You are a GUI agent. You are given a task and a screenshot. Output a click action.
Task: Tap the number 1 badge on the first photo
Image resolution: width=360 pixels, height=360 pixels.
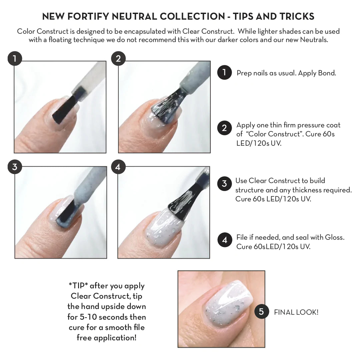[x=15, y=59]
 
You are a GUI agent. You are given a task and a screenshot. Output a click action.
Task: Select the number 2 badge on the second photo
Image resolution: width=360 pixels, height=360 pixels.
[x=118, y=59]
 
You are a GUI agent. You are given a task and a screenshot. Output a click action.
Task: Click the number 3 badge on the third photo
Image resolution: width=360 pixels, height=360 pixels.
[x=15, y=167]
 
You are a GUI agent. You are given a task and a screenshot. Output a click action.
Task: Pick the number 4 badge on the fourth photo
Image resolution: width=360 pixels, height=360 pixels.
[x=118, y=167]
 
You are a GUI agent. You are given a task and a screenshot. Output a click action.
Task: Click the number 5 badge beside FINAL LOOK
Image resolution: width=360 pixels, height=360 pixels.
[x=262, y=312]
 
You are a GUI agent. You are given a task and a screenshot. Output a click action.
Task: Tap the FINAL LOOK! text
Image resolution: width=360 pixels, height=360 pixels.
[x=296, y=312]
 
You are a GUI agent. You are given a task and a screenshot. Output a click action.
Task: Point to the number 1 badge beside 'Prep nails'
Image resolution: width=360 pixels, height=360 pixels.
[x=224, y=72]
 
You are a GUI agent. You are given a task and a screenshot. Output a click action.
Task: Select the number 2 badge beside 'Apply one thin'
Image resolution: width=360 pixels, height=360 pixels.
[x=224, y=128]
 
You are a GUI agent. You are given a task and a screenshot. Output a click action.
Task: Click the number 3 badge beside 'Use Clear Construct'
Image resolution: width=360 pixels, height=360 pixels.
[x=224, y=184]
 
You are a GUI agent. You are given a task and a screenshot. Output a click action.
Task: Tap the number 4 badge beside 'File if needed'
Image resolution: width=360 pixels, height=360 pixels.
[x=224, y=240]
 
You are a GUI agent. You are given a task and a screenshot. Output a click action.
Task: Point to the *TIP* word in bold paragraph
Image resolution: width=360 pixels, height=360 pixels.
[x=78, y=286]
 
